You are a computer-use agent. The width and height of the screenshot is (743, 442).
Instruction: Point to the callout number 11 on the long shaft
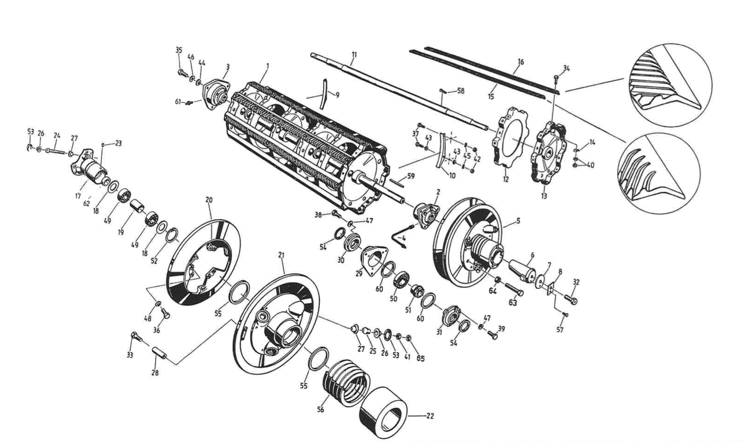tap(354, 55)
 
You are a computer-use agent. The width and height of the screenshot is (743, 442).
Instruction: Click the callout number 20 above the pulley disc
tap(209, 200)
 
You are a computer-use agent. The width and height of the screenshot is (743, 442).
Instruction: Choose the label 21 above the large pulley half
tap(282, 255)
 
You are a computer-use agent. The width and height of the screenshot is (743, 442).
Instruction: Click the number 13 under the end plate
tap(544, 196)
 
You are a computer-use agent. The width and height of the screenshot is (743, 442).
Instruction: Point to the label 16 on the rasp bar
tap(520, 62)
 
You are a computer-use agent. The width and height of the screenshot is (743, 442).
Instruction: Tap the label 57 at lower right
tap(560, 330)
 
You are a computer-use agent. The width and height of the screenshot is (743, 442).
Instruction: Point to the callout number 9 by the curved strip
tap(337, 95)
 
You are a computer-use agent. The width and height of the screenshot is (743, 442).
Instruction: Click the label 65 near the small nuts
tap(420, 358)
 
